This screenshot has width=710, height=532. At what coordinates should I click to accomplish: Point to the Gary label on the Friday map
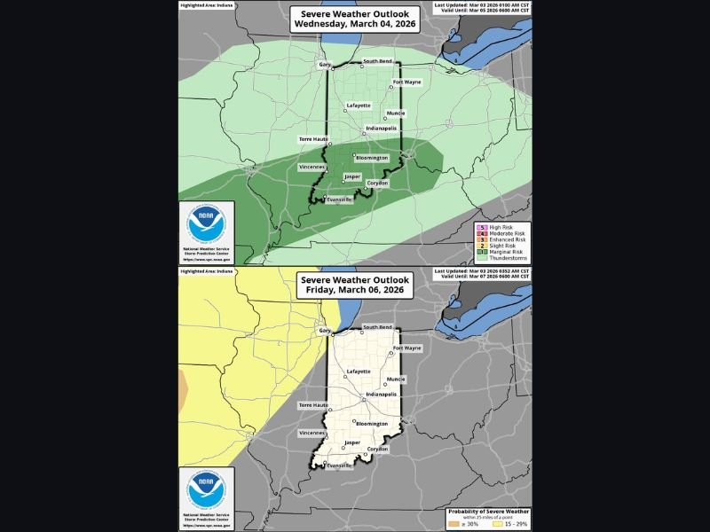(x=324, y=330)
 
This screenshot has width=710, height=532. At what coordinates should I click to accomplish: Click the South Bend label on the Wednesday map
(x=377, y=60)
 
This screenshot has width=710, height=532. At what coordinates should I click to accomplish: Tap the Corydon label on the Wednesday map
(x=377, y=183)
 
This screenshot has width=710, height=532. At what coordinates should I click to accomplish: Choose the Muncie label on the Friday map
(x=396, y=379)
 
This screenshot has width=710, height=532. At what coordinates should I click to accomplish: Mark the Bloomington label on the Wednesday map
(x=373, y=158)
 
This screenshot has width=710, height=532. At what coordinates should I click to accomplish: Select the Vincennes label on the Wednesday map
(x=312, y=167)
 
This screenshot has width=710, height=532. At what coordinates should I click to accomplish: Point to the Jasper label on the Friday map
(x=352, y=442)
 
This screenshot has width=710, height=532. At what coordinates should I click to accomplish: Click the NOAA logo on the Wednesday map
(x=206, y=225)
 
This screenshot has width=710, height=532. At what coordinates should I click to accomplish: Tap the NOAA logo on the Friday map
(x=206, y=490)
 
